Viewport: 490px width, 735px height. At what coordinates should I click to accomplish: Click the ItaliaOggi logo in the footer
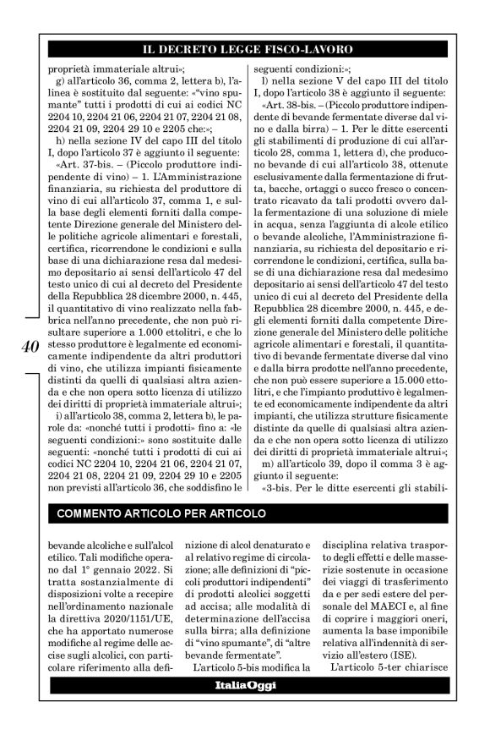coord(245,697)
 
